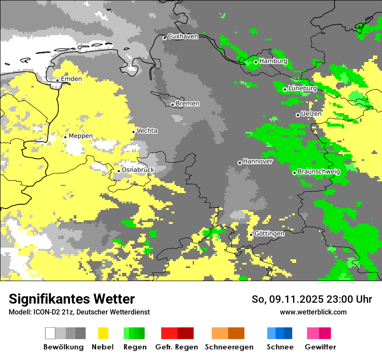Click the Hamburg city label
[273, 61]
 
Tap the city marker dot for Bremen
[172, 105]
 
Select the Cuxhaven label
[183, 36]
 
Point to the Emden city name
[71, 79]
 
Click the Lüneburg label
[302, 88]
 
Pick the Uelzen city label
[311, 114]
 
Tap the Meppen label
[81, 136]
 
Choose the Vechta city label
[147, 131]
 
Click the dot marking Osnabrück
[119, 171]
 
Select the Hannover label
[257, 161]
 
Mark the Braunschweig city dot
[294, 173]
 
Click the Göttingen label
[269, 234]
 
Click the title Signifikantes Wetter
[72, 299]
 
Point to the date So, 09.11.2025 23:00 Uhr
[312, 299]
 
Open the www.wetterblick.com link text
[313, 312]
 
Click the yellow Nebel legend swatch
[103, 333]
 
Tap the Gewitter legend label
[320, 347]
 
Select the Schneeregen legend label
[229, 347]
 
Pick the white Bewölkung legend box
[50, 333]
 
